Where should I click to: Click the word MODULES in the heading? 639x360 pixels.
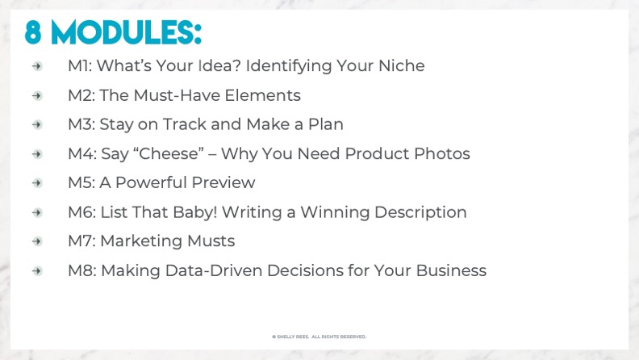click(x=127, y=32)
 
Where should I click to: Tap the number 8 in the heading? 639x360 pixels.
click(x=33, y=32)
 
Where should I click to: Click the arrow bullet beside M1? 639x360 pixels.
click(x=37, y=66)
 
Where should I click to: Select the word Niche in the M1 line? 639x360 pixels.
click(x=402, y=65)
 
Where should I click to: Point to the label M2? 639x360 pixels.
click(x=81, y=95)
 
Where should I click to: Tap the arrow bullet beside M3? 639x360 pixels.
click(x=37, y=124)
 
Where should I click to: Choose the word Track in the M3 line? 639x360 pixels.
click(x=184, y=124)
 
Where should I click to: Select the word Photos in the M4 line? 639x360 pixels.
click(x=442, y=153)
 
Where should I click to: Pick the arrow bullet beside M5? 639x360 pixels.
click(x=37, y=183)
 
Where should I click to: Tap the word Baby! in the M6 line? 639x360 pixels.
click(x=194, y=212)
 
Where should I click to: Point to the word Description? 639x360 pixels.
click(x=420, y=212)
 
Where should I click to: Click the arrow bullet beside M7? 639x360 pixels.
click(x=37, y=241)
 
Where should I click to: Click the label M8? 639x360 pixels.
click(x=82, y=270)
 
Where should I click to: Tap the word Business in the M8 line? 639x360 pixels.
click(x=451, y=270)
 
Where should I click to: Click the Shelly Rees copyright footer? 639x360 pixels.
click(x=319, y=337)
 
